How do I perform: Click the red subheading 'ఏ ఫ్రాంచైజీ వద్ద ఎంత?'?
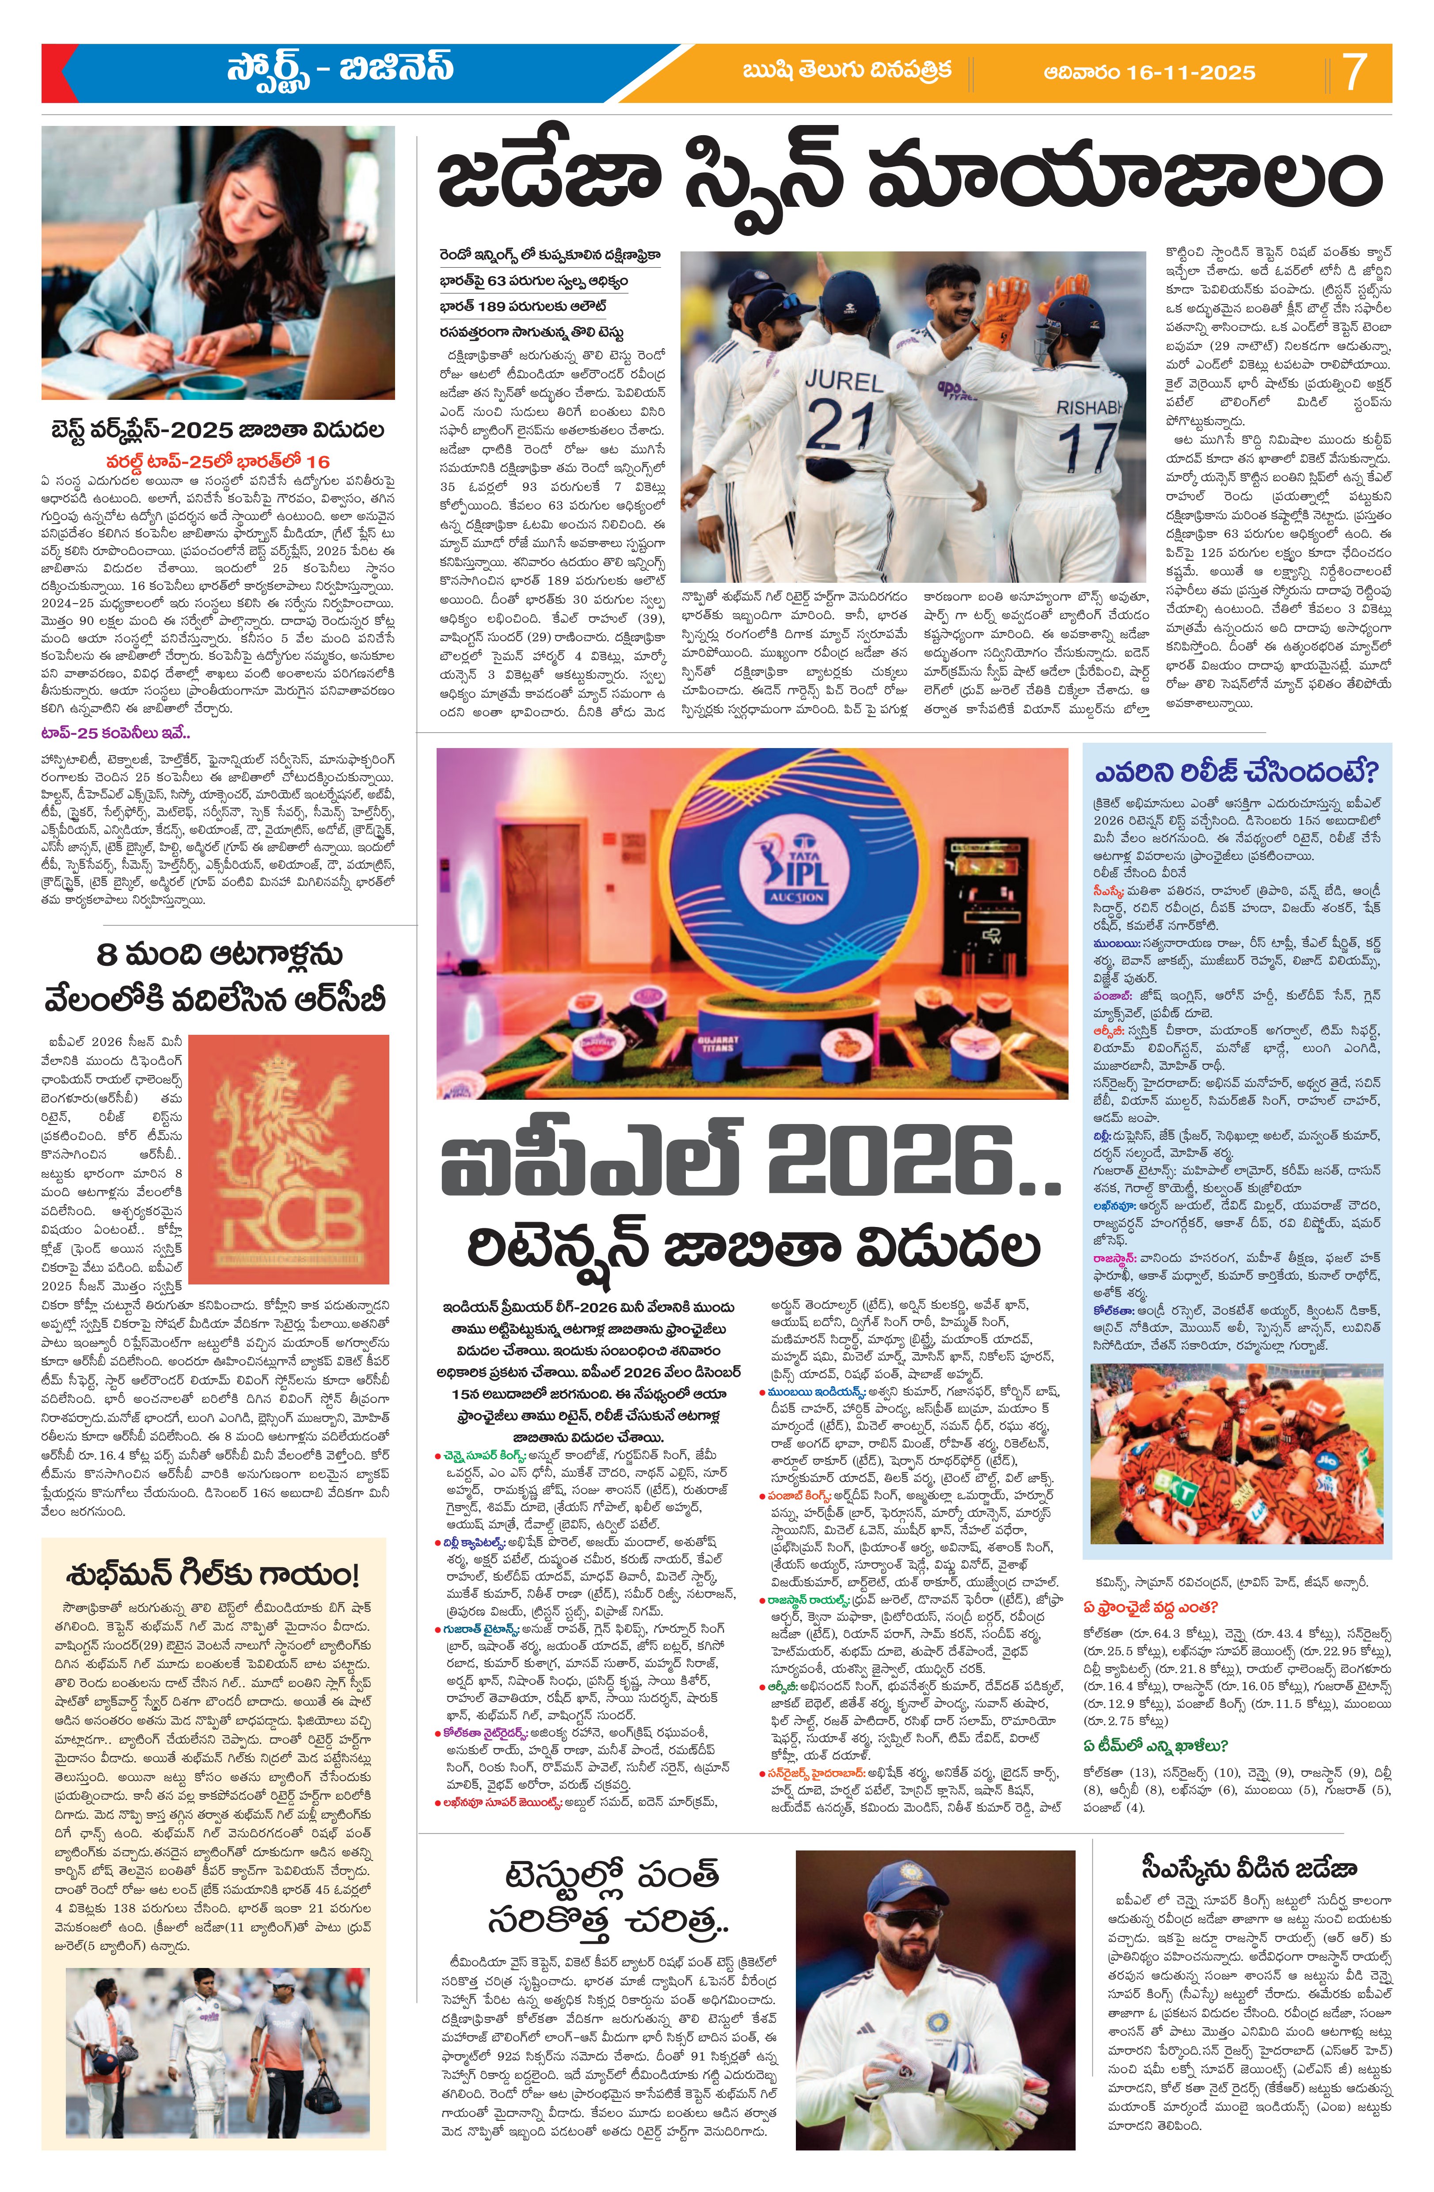tap(1151, 1607)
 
